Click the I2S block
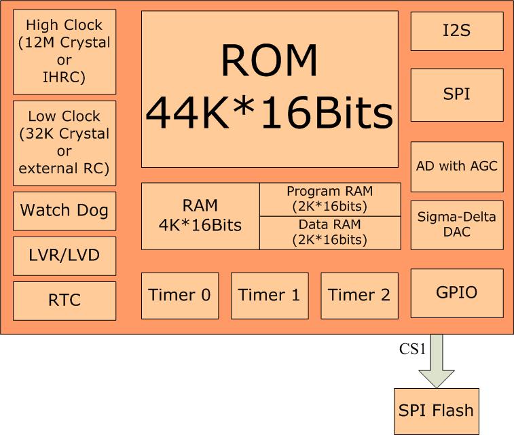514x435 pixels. point(457,31)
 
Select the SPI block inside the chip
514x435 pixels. point(457,94)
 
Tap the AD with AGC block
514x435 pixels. point(457,167)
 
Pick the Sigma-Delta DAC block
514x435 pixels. point(457,224)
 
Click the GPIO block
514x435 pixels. point(457,293)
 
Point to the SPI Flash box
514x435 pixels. point(436,411)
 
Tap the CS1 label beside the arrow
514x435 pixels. point(411,351)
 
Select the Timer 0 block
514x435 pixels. point(179,295)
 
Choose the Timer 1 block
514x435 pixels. point(270,295)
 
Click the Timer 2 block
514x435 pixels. point(359,295)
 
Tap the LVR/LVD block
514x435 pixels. point(65,256)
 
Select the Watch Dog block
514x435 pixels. point(65,210)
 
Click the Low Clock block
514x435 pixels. point(65,142)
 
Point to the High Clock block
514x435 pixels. point(65,51)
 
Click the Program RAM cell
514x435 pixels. point(330,198)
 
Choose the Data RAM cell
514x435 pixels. point(330,232)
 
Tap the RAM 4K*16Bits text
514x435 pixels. point(200,215)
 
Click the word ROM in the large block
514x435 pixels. point(269,62)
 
